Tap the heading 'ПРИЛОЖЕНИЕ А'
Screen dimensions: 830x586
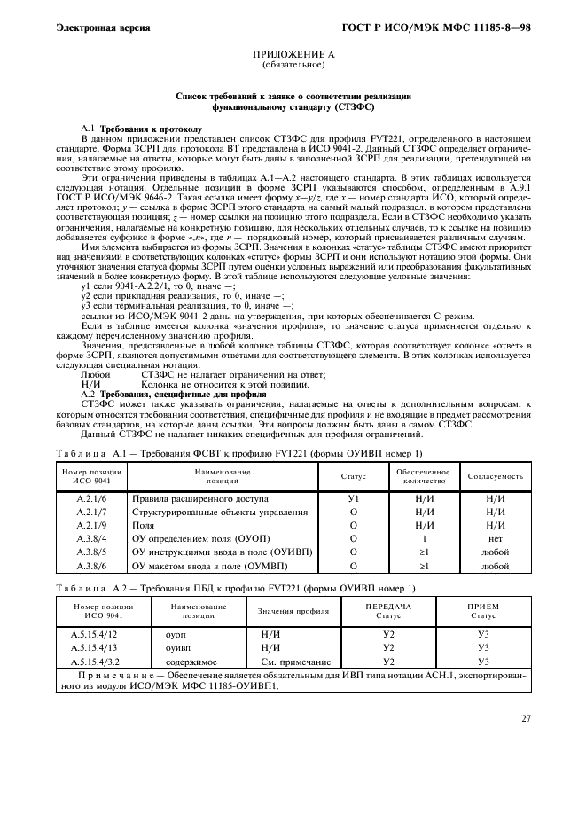(x=293, y=55)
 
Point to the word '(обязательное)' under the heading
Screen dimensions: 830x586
(x=293, y=66)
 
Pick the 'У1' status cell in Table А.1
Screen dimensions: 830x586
(x=353, y=498)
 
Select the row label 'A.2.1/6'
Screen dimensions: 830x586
(x=91, y=498)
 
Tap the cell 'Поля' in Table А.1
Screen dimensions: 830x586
(x=143, y=525)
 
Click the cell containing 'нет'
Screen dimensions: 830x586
(x=496, y=538)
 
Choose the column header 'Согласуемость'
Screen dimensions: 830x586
(x=496, y=476)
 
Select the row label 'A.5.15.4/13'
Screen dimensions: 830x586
(x=94, y=648)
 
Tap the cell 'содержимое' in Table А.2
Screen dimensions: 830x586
(x=186, y=662)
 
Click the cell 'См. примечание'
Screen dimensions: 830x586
(x=295, y=662)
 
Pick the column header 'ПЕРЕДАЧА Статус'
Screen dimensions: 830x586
(x=388, y=610)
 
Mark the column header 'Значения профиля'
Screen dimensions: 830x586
(x=293, y=612)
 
